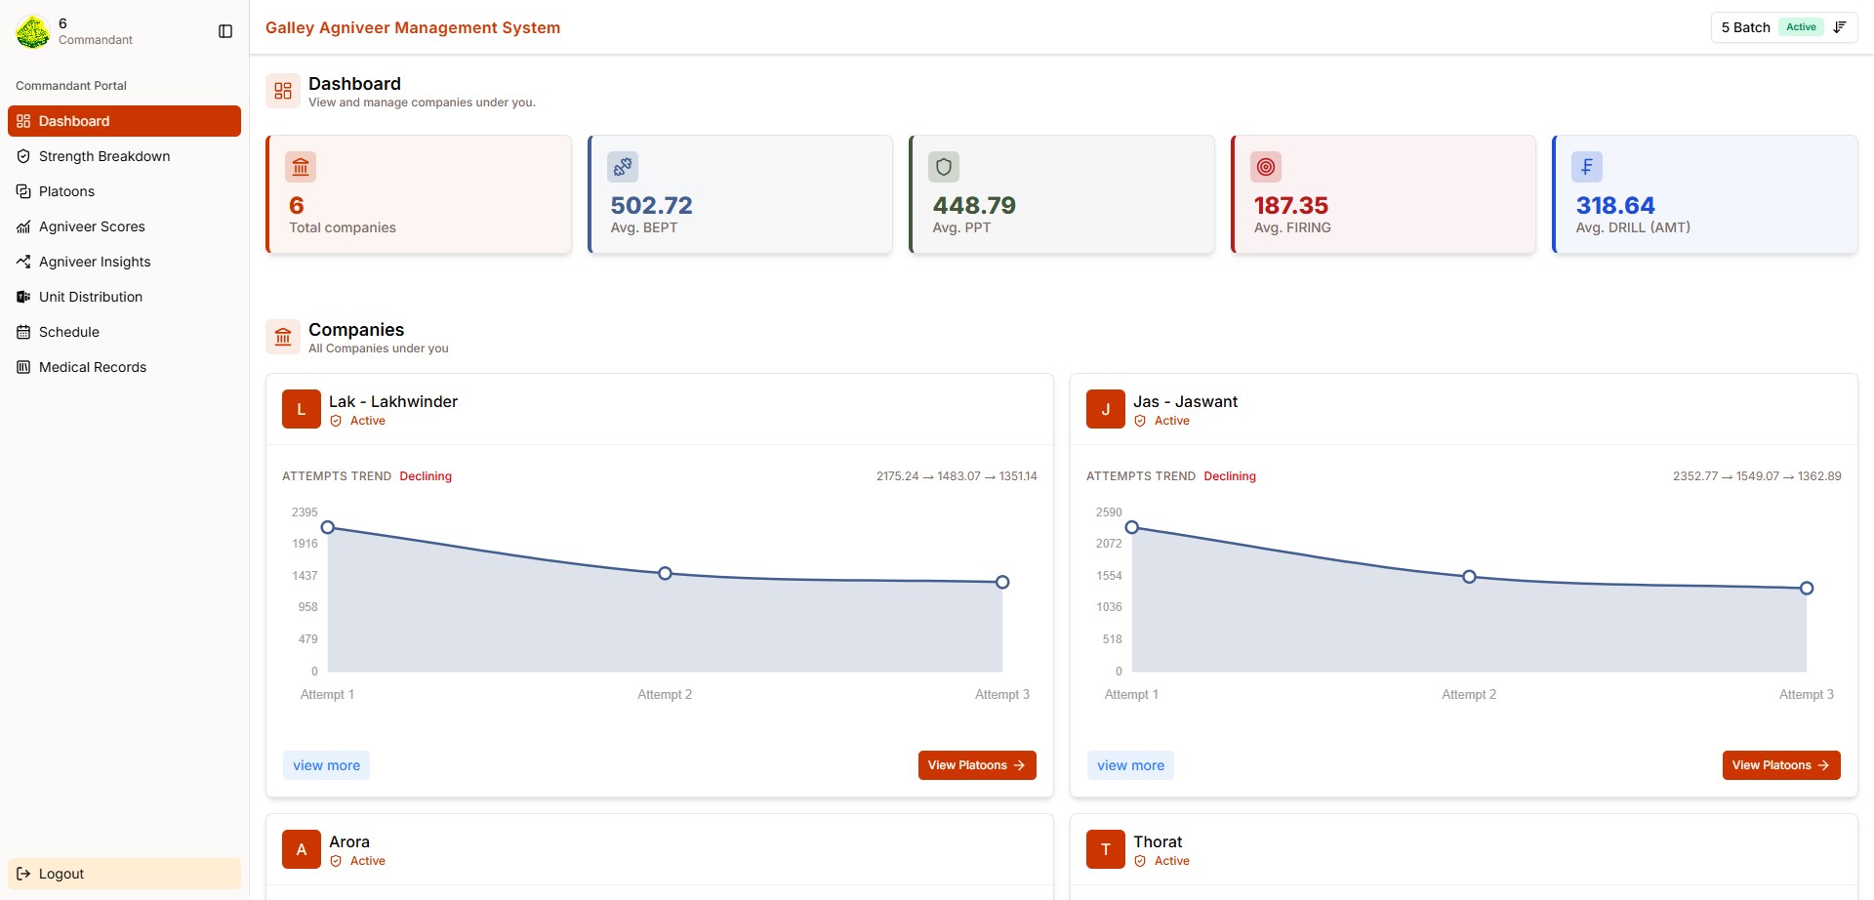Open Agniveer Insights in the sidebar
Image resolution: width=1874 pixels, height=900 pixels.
[94, 262]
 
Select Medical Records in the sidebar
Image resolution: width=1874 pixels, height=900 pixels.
[94, 367]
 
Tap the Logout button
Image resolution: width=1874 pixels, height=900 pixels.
[124, 874]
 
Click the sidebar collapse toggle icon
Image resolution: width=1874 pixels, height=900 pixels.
[225, 31]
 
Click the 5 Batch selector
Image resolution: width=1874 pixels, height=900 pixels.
[1784, 27]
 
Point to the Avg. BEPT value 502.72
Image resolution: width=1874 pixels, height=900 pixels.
[651, 205]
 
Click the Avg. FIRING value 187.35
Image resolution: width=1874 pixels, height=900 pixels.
[1290, 205]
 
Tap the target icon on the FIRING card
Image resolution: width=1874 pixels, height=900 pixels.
[1266, 167]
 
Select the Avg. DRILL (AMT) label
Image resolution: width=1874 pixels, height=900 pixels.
[1633, 227]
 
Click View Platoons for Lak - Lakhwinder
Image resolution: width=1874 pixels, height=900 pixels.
[977, 765]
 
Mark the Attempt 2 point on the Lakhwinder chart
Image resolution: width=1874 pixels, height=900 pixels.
[665, 573]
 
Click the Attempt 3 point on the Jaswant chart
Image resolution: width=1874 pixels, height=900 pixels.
[1807, 588]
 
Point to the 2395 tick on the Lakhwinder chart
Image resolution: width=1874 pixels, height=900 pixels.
[305, 511]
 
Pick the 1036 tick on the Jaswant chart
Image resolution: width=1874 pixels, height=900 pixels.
[1109, 607]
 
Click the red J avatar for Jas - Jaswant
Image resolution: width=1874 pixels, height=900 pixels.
[1106, 409]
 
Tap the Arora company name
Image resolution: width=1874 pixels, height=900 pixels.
[349, 841]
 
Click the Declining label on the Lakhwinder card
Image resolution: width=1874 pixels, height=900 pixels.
[426, 476]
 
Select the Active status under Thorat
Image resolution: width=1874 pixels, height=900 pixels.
[1171, 861]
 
